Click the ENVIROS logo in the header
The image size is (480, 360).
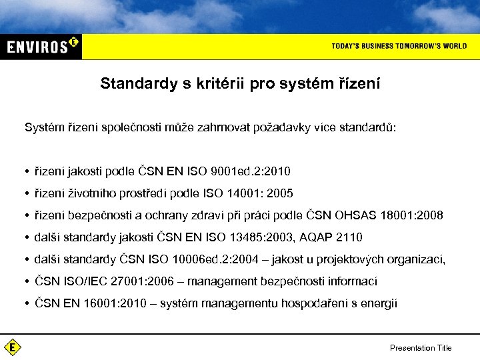(42, 46)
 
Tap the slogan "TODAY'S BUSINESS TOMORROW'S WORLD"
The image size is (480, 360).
(399, 46)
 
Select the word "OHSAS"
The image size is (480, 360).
(353, 215)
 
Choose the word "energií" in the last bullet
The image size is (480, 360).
(380, 303)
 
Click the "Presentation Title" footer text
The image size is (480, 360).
(421, 347)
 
